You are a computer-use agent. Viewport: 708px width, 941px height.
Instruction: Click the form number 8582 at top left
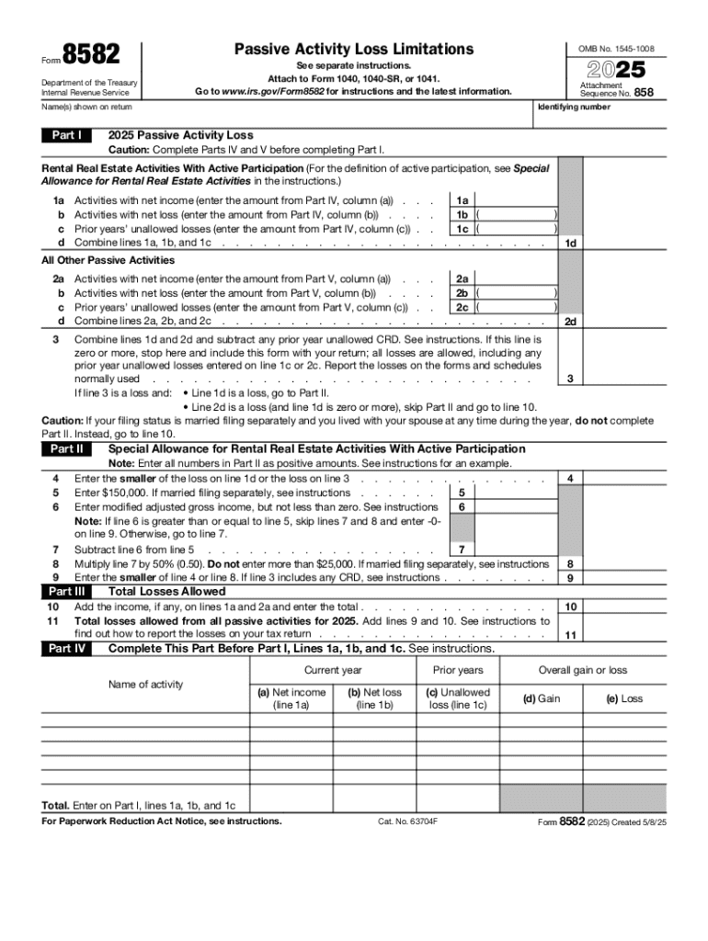[91, 54]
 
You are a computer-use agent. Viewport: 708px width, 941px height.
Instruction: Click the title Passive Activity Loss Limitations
[354, 49]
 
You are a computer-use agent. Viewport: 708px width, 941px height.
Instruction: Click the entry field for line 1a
[517, 199]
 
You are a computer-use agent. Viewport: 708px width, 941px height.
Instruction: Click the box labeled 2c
[462, 307]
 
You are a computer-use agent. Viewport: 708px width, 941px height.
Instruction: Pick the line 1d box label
[571, 243]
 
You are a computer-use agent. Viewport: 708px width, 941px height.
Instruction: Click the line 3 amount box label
[571, 379]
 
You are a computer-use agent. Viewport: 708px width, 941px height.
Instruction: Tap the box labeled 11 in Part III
[571, 634]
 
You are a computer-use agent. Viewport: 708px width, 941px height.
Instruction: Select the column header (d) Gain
[542, 698]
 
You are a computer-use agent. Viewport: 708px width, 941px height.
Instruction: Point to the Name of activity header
[145, 684]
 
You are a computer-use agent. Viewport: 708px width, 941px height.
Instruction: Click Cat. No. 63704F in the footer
[407, 822]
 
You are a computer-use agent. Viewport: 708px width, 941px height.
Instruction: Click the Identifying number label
[574, 108]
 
